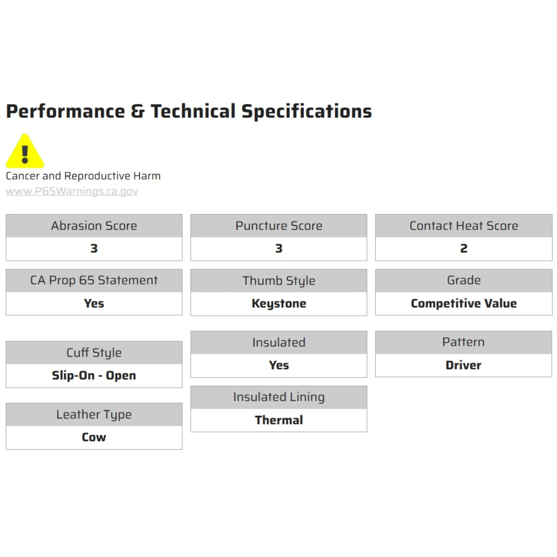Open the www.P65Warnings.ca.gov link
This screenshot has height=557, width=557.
point(72,191)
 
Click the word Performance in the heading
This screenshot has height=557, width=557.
point(66,112)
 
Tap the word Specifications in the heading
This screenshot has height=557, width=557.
point(307,112)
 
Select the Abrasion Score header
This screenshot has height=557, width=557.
point(94,226)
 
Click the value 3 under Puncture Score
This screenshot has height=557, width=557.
point(279,249)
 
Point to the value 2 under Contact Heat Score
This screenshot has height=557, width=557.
point(464,249)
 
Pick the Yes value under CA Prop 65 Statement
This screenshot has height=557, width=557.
point(94,303)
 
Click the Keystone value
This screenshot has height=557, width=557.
point(279,304)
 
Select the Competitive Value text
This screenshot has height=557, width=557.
point(464,303)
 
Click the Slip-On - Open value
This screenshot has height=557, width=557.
point(94,376)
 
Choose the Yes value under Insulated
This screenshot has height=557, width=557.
point(279,365)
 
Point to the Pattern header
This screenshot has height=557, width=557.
point(464,342)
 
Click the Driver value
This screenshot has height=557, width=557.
point(464,365)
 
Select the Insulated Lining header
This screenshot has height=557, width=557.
point(279,397)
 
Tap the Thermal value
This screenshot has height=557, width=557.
point(279,420)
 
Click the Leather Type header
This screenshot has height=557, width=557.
point(94,414)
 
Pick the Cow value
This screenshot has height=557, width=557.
point(94,437)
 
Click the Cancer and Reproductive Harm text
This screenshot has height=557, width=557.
point(83,176)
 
